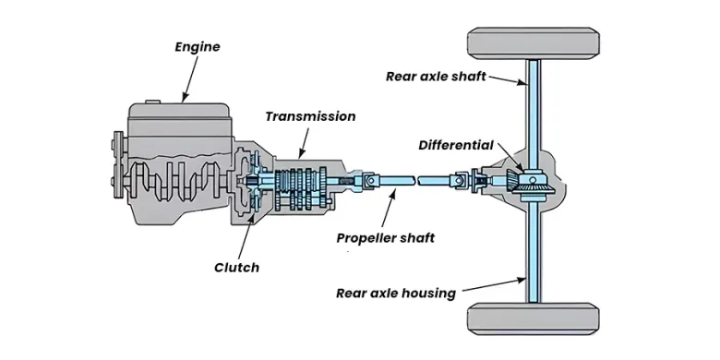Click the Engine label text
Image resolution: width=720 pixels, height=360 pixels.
(x=198, y=47)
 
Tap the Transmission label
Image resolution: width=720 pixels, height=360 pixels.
(x=310, y=116)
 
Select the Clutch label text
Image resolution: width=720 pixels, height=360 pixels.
(x=236, y=268)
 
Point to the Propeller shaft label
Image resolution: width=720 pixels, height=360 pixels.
(x=385, y=238)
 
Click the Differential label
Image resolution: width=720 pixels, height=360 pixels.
(x=456, y=146)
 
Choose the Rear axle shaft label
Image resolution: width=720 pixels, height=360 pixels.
(x=436, y=77)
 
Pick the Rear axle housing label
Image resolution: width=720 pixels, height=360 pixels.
(x=396, y=293)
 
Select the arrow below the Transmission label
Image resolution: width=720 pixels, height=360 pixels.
(x=304, y=143)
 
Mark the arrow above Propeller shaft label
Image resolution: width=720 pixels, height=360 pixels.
(x=388, y=208)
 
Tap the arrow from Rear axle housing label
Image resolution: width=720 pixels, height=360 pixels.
(x=494, y=284)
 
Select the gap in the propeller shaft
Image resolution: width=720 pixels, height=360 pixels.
(x=415, y=180)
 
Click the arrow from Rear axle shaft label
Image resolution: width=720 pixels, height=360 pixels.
(x=507, y=80)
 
